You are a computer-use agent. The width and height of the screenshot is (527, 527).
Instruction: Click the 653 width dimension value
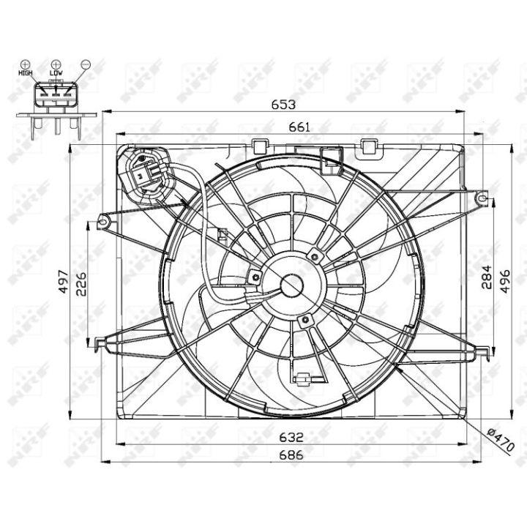click(x=283, y=105)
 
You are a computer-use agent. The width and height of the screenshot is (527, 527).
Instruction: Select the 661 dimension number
click(x=299, y=127)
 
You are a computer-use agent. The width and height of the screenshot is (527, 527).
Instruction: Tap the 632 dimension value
click(x=291, y=437)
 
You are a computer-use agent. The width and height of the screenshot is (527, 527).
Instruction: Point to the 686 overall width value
click(x=291, y=455)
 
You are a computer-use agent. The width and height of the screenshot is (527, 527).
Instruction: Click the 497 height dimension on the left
click(x=64, y=281)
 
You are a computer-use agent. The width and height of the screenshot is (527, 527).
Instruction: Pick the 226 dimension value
click(x=81, y=284)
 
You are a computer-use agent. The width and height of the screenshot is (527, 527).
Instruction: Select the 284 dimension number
click(x=486, y=277)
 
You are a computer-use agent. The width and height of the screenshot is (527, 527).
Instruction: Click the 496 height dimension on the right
click(x=505, y=281)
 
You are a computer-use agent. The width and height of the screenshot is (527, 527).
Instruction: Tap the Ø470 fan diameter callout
click(x=501, y=440)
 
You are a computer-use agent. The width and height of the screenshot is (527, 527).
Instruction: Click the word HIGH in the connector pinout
click(x=25, y=72)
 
